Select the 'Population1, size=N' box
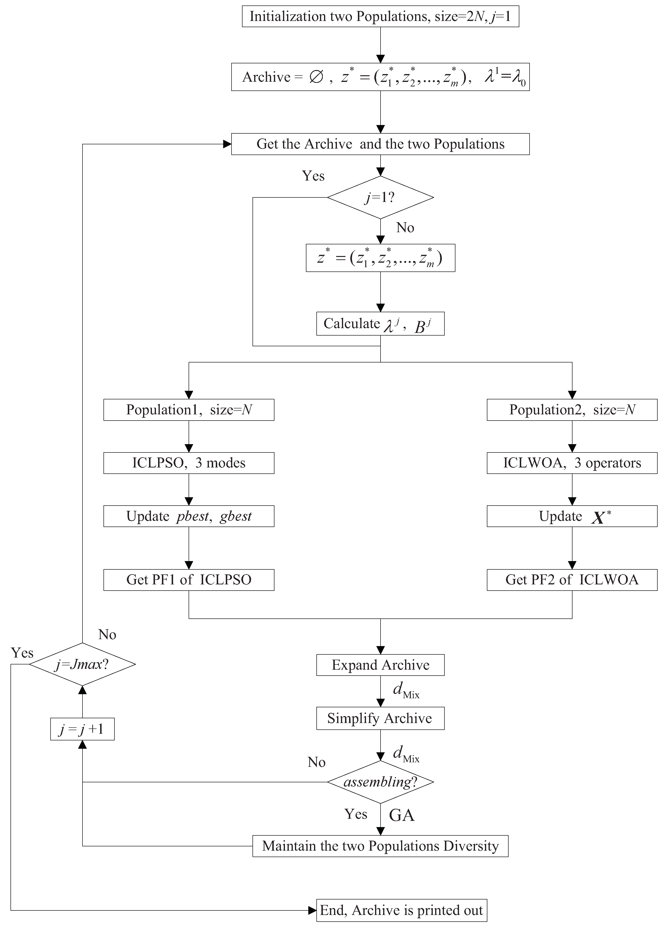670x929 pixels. pos(189,410)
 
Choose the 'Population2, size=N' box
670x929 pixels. pos(572,410)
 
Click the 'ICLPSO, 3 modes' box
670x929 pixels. pos(189,463)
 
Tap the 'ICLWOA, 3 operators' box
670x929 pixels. pos(572,463)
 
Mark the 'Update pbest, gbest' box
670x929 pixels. pos(189,516)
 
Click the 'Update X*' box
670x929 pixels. pos(572,516)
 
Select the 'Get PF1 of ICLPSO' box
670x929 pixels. pos(189,580)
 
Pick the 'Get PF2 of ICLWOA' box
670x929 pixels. pos(572,580)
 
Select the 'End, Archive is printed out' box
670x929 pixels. pos(402,910)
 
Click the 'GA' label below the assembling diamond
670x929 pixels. pos(402,815)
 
